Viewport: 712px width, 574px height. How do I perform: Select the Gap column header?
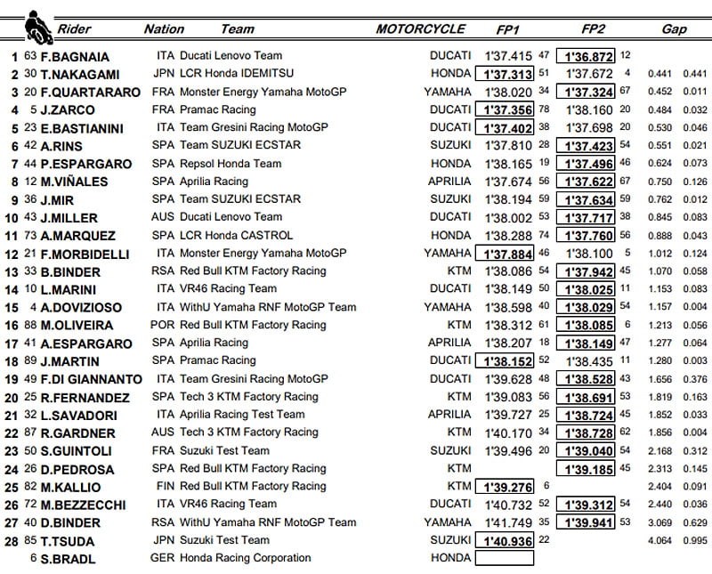point(674,29)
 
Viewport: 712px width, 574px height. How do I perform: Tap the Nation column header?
point(164,29)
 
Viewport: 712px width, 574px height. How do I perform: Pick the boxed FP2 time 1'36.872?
point(585,56)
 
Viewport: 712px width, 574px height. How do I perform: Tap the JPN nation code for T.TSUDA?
point(164,540)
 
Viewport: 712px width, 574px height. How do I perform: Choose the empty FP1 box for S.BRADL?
point(506,558)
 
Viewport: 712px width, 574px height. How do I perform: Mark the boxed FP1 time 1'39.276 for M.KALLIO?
point(506,487)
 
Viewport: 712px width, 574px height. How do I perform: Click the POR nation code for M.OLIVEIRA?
point(165,326)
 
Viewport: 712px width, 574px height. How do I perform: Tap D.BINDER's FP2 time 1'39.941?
point(585,522)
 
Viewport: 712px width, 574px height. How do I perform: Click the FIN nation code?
point(163,487)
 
